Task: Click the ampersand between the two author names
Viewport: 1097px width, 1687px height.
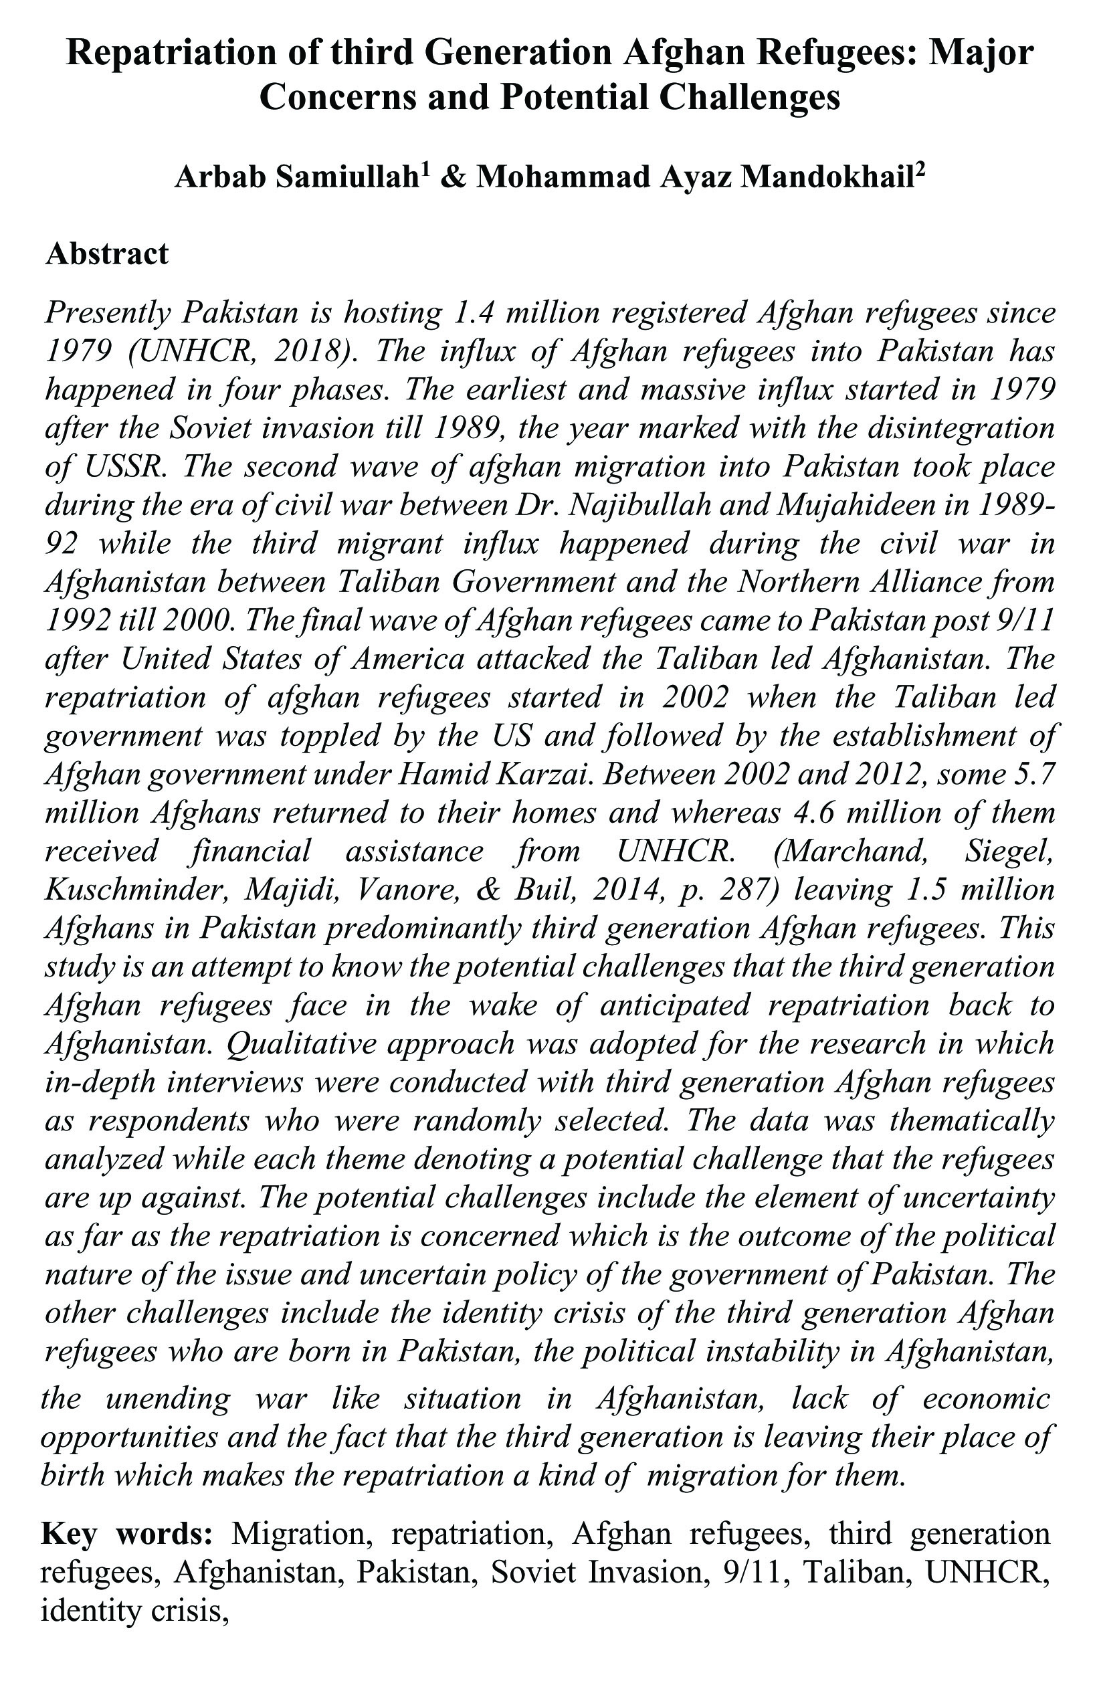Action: (x=452, y=177)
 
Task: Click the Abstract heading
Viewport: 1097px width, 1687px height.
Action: (x=107, y=254)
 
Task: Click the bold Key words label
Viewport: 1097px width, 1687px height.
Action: (x=127, y=1533)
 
